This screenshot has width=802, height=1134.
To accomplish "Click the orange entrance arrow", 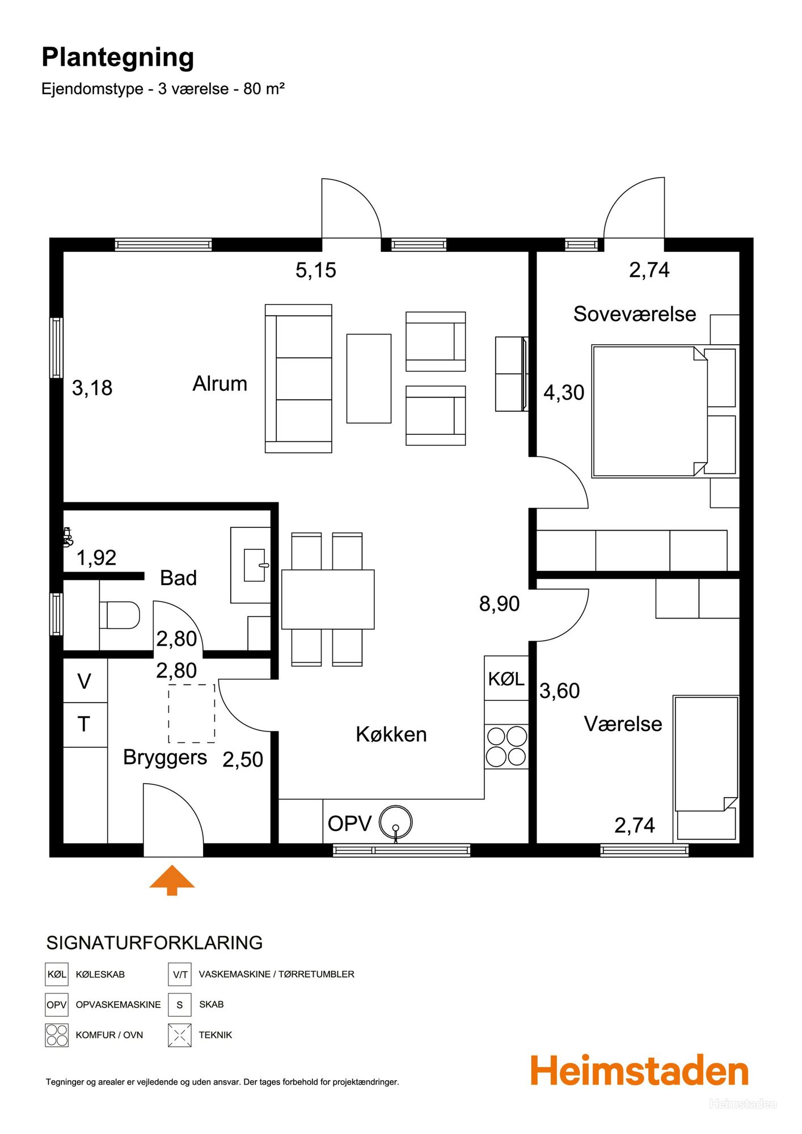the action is pos(172,881).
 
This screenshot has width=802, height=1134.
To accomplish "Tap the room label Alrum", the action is pos(220,384).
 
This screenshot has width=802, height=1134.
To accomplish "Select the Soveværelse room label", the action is pos(635,314).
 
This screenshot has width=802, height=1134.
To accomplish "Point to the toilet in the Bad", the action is pos(120,615).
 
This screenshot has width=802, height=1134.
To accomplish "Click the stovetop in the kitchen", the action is pos(506,746).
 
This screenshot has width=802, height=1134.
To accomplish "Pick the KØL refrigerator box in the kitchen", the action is pos(506,678).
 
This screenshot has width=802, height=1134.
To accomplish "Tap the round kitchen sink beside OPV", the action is pos(395,822).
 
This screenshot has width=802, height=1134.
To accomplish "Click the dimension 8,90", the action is pos(500,604).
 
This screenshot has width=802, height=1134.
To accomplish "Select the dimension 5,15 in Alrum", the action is pos(316,270).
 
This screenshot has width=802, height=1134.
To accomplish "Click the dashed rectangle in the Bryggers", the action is pos(192,713).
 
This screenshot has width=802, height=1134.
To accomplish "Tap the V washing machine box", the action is pos(85,680).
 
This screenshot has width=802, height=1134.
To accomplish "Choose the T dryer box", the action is pos(85,725).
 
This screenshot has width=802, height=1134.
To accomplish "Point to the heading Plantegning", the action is pos(118,58).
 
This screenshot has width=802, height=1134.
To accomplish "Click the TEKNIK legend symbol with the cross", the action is pos(179,1035).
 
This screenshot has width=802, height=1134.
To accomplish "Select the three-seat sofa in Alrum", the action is pos(298,379).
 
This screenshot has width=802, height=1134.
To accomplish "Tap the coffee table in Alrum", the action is pos(369,378).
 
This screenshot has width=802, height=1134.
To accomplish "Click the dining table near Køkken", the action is pos(328,599).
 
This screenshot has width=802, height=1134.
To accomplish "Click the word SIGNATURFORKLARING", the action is pos(154,943).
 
